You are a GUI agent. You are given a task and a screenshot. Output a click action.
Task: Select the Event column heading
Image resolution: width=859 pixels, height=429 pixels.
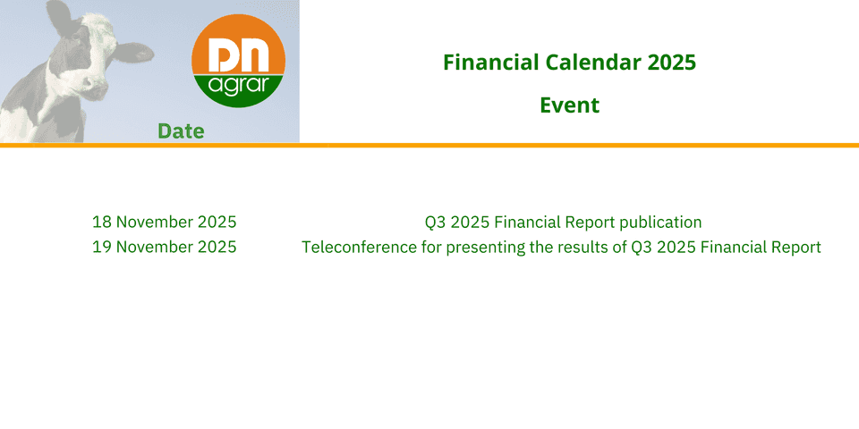point(570,105)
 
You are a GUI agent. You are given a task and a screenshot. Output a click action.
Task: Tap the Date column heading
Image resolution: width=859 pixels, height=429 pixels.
point(181,131)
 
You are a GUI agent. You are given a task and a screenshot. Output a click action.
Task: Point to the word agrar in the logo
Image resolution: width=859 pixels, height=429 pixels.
point(238,86)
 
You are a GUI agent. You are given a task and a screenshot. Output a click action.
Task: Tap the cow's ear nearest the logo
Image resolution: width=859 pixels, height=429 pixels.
point(133,52)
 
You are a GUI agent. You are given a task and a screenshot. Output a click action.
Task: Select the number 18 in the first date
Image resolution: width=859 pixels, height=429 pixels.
point(102,223)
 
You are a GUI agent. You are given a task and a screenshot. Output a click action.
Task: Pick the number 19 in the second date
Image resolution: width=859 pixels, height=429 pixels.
point(102,248)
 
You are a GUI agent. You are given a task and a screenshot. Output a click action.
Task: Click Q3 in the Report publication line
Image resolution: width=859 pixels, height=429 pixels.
point(435,223)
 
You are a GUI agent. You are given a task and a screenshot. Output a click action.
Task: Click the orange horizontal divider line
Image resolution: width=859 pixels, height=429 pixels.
point(429,145)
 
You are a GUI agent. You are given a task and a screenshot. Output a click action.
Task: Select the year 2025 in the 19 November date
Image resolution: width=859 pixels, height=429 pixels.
point(217,248)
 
